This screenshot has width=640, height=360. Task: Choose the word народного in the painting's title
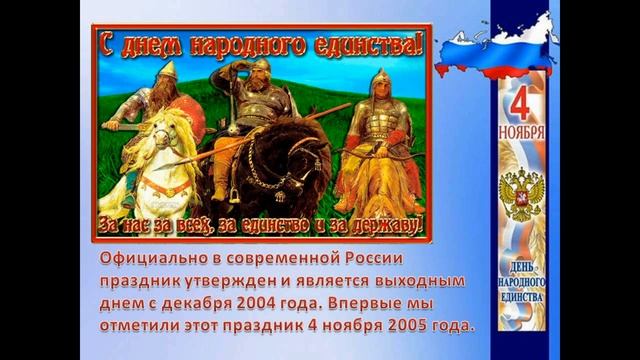pos(267,44)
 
